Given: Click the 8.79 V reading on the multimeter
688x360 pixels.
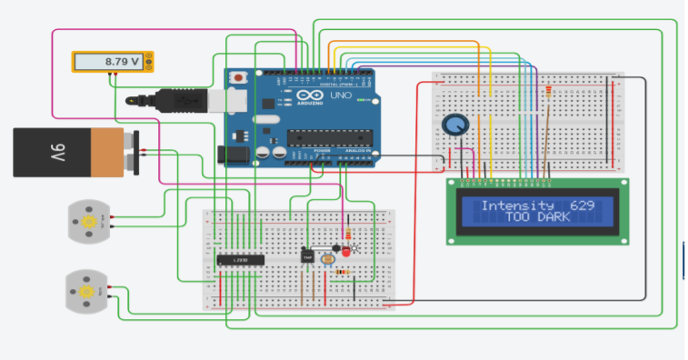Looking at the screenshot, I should (122, 62).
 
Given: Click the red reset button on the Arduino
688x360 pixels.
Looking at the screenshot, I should (238, 78).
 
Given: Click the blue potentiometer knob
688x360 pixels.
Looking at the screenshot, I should (453, 126).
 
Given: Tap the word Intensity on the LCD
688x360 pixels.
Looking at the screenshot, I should (517, 205).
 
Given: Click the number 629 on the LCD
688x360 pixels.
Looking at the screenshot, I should (582, 205).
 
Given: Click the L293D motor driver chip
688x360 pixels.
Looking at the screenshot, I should (240, 260).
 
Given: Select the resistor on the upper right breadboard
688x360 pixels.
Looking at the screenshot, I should (548, 95).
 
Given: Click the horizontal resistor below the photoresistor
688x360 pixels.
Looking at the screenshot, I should (342, 272).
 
